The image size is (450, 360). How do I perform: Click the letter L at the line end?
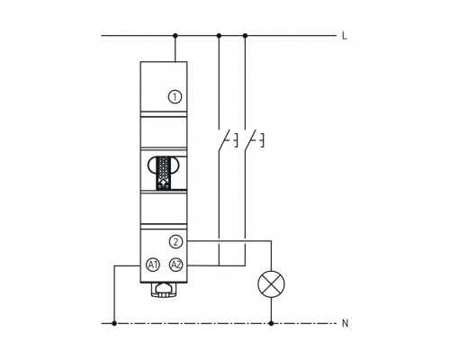345,36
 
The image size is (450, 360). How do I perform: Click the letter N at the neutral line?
346,323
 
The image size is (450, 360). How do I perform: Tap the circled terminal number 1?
175,97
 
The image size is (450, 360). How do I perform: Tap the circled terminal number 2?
175,241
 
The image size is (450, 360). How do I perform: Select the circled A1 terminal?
153,265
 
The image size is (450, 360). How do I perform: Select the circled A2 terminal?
176,265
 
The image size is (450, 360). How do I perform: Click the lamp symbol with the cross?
272,284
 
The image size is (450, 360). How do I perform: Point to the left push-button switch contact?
224,140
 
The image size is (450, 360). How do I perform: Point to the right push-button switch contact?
250,140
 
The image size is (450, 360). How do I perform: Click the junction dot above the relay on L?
175,36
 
